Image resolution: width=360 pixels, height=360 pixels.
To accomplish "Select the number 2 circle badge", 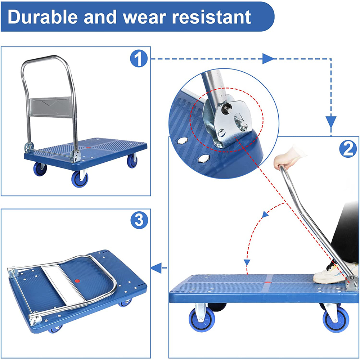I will pos(347,149).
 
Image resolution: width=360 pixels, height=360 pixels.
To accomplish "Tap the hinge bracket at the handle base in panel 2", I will pos(351,284).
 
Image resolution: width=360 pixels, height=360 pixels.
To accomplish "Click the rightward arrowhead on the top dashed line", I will pos(268,58).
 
